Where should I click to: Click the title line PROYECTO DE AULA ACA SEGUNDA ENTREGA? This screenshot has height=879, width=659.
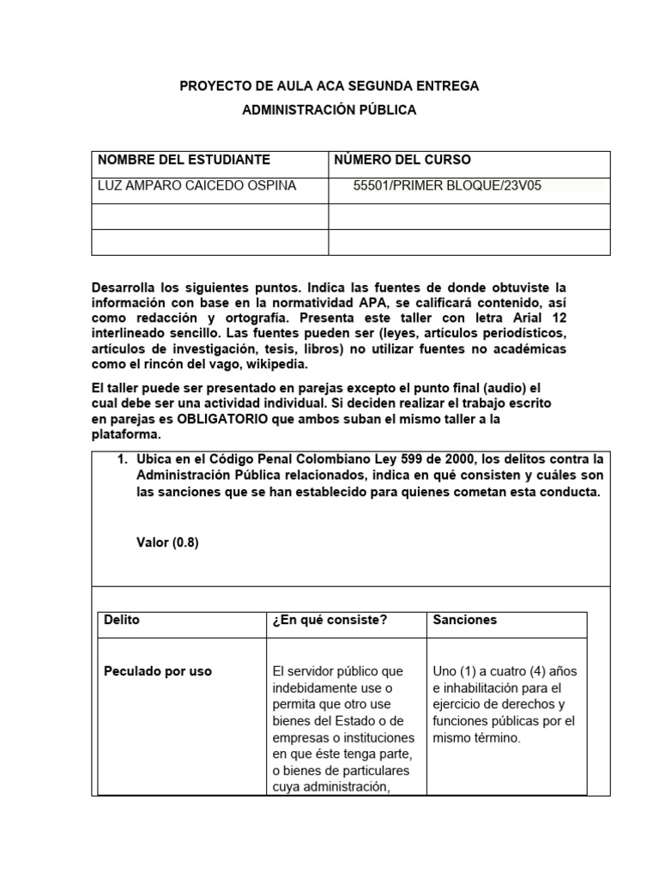(329, 86)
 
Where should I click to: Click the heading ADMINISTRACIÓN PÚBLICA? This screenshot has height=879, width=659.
(329, 110)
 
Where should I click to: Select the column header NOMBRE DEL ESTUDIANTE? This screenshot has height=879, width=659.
(184, 160)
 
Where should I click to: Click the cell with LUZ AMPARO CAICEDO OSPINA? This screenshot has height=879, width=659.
(197, 185)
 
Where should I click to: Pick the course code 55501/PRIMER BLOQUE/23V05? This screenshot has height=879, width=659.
(447, 185)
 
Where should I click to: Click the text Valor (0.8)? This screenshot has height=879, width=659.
(167, 543)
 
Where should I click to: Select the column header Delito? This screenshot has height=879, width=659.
(121, 620)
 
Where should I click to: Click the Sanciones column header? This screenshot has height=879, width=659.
(464, 620)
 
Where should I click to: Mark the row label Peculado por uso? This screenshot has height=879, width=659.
(157, 671)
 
